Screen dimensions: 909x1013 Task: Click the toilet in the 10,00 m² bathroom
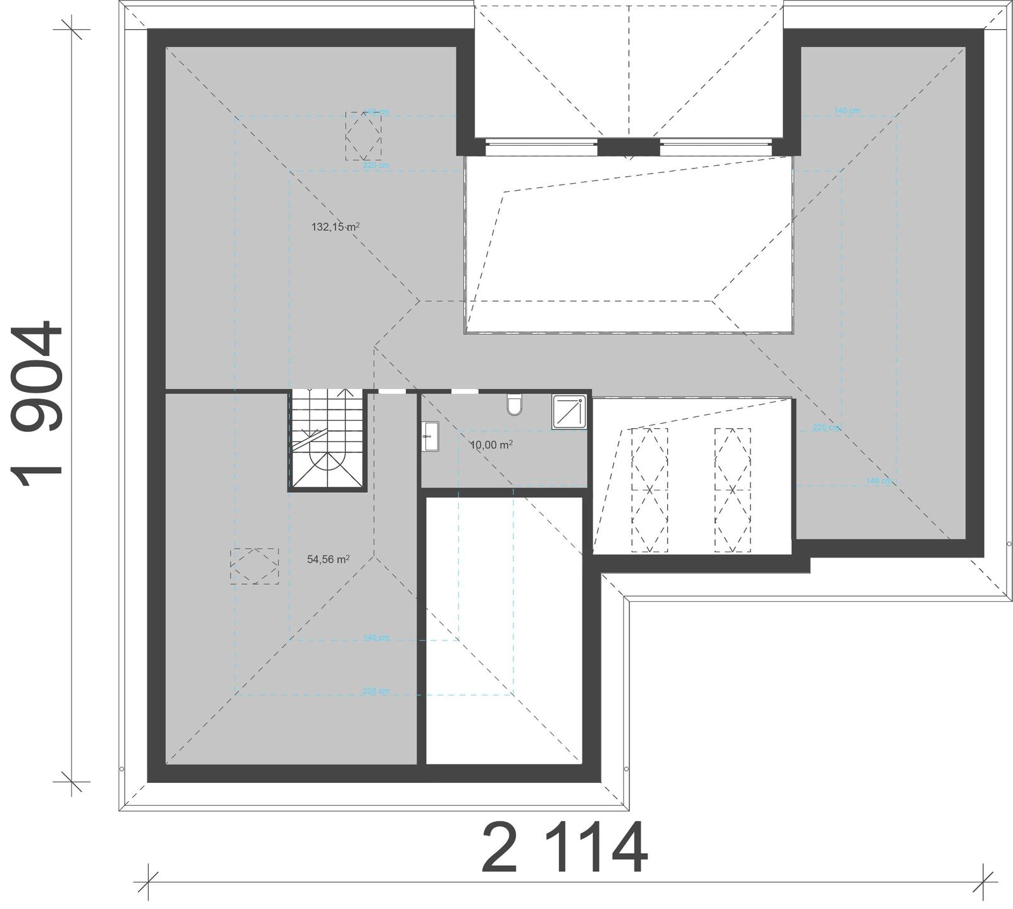tap(515, 405)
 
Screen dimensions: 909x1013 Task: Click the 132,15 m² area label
tap(336, 227)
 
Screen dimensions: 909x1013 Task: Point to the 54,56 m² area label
tap(329, 559)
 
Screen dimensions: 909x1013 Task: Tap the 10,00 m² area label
tap(491, 445)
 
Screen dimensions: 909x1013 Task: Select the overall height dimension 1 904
tap(38, 405)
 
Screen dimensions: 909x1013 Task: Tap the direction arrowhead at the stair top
tap(346, 393)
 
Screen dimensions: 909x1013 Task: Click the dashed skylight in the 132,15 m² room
tap(363, 136)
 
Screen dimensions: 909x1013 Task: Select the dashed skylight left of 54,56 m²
tap(255, 566)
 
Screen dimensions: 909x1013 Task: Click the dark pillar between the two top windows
tap(629, 147)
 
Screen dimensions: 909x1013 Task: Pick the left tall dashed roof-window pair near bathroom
tap(649, 490)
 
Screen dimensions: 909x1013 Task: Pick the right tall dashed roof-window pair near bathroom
tap(733, 490)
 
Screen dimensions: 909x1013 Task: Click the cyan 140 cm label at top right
tap(846, 111)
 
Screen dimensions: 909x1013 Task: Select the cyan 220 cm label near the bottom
tap(376, 691)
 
